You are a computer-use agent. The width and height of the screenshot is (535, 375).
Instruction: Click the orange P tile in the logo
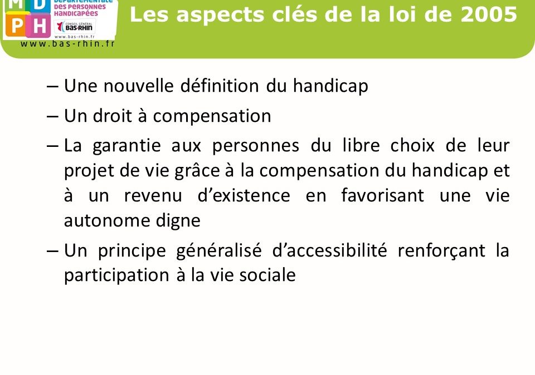coord(16,25)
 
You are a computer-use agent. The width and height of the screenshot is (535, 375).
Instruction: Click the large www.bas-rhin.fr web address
coord(67,43)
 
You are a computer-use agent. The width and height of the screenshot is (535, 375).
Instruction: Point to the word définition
coord(220,85)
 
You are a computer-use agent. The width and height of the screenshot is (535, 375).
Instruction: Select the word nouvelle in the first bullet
coord(138,85)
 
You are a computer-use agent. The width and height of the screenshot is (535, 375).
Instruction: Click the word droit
coord(112,116)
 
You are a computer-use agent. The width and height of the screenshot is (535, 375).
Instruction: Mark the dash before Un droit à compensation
coord(52,116)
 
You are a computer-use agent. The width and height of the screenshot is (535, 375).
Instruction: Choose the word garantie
coord(127,146)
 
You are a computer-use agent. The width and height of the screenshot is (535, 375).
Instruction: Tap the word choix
coord(412,145)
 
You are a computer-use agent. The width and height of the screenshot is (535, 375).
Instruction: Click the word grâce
coord(197,171)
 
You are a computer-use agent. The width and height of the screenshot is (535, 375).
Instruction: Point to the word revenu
coord(153,196)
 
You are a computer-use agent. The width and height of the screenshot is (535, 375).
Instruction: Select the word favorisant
coord(382,195)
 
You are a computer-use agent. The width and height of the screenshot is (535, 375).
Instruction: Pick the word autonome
coord(106,221)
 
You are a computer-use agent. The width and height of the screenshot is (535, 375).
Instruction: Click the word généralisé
coord(219,251)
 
